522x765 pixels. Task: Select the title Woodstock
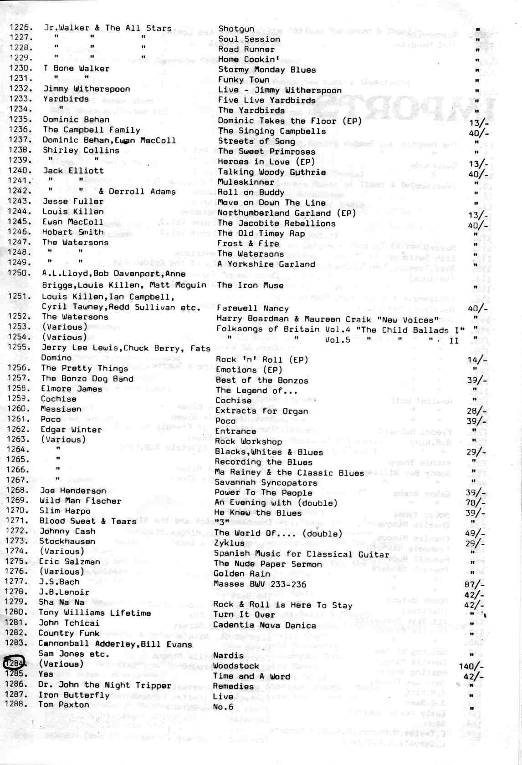236,666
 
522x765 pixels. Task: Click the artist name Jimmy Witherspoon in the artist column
87,89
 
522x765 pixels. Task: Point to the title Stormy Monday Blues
267,70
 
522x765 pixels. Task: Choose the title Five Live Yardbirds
266,100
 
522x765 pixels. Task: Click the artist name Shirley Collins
81,150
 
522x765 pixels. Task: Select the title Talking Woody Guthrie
271,172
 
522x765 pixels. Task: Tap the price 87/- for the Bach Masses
475,585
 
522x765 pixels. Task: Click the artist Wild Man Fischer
80,501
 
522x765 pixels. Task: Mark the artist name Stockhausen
67,541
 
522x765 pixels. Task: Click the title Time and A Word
251,676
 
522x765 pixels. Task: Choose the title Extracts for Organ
261,411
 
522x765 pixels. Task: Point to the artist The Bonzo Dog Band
87,379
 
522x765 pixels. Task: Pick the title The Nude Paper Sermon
268,564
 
